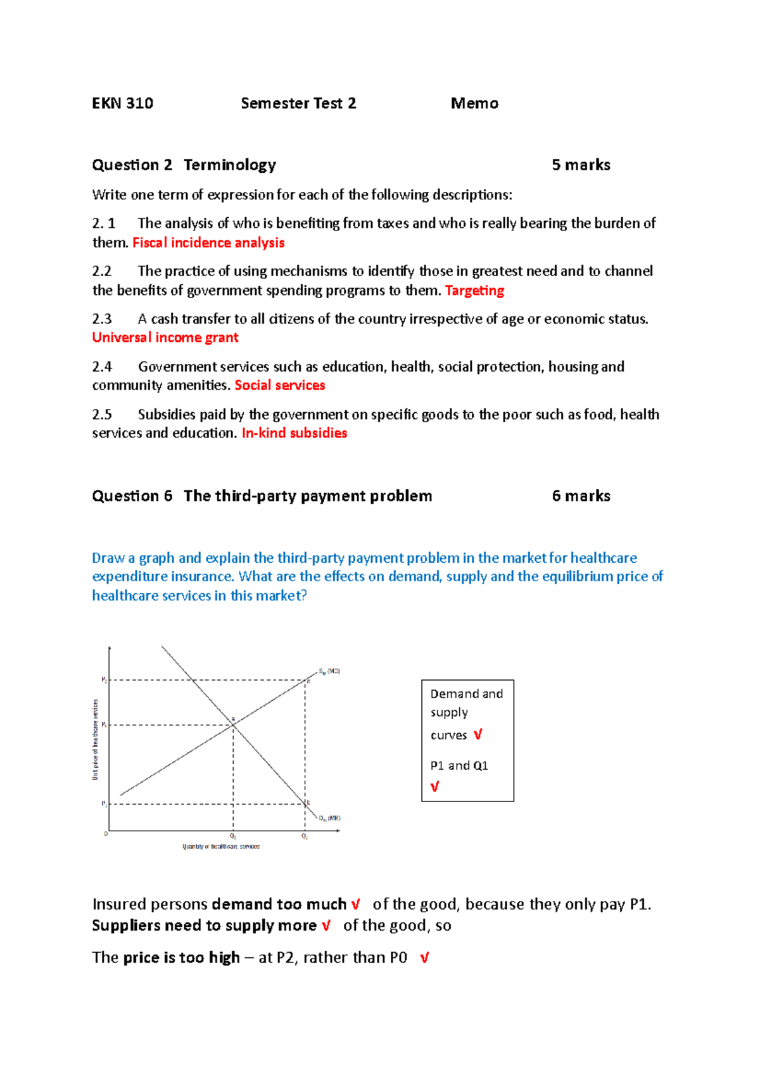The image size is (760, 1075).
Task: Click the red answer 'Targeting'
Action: coord(474,291)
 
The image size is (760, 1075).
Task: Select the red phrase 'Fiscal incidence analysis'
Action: coord(208,243)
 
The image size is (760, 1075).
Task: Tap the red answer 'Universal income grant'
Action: coord(165,337)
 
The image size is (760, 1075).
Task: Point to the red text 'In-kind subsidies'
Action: coord(294,433)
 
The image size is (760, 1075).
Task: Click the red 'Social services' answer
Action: coord(279,386)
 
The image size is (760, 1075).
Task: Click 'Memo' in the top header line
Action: coord(474,103)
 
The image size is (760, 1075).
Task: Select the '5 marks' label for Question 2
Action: coord(581,165)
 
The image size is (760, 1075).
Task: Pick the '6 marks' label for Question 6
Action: coord(581,496)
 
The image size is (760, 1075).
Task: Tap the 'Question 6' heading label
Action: coord(132,496)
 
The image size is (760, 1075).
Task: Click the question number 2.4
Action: coord(102,367)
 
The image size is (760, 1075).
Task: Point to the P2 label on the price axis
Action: coord(104,680)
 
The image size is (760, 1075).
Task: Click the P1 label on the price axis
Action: coord(104,804)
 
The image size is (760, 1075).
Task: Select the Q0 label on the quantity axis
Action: coord(233,837)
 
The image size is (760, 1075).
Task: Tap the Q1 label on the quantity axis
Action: coord(305,837)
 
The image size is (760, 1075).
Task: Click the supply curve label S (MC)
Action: coord(329,671)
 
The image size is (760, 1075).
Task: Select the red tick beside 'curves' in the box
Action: coord(478,735)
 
